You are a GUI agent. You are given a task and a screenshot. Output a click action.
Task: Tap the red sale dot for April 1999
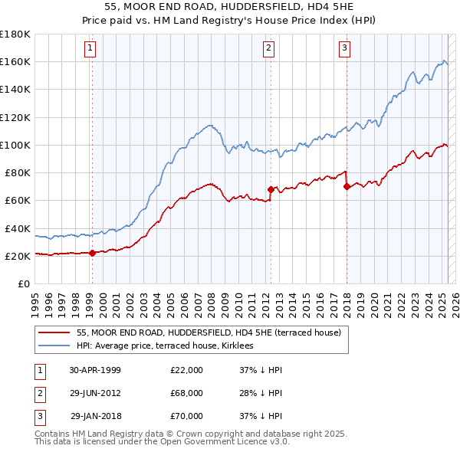pyautogui.click(x=92, y=253)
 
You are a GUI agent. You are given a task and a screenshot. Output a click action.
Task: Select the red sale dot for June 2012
pyautogui.click(x=271, y=188)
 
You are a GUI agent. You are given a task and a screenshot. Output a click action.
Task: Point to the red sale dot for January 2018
pyautogui.click(x=347, y=185)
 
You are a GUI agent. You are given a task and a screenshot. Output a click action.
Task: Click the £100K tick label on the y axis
pyautogui.click(x=15, y=145)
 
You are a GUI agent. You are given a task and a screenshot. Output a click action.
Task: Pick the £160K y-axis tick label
pyautogui.click(x=15, y=61)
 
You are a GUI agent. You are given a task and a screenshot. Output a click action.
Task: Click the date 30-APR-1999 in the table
pyautogui.click(x=95, y=370)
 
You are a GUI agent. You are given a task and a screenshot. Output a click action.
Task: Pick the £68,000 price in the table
pyautogui.click(x=187, y=393)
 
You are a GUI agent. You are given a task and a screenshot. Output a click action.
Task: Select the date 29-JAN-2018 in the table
pyautogui.click(x=96, y=416)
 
